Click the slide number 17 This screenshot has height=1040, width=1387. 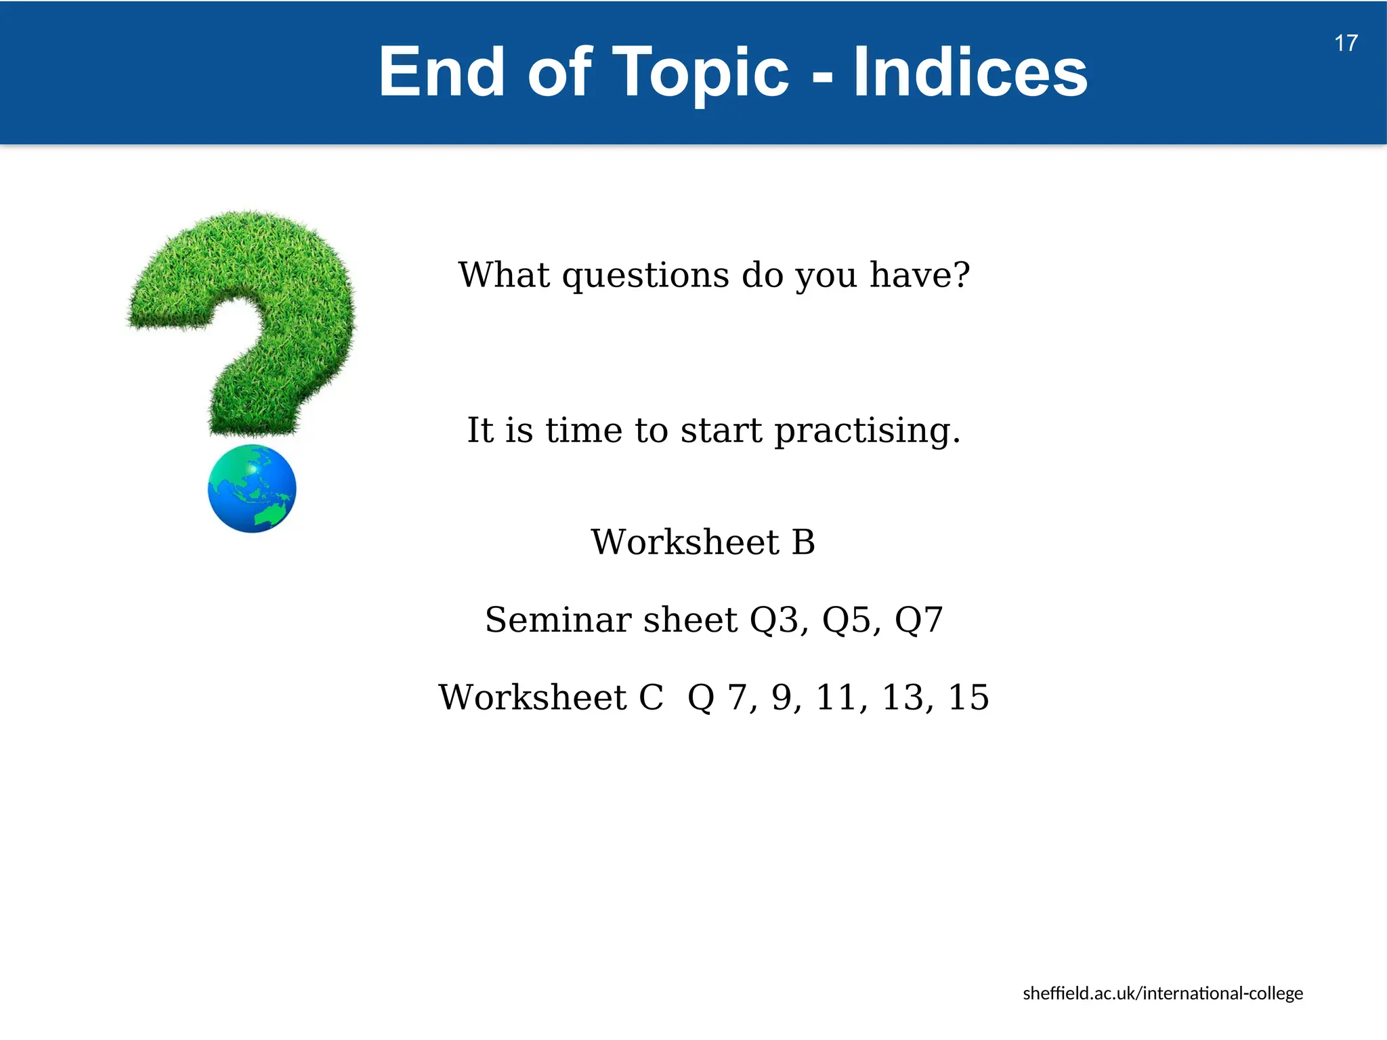[1346, 43]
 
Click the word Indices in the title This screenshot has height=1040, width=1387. [970, 72]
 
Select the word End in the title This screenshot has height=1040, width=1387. [441, 72]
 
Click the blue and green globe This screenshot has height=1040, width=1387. [252, 489]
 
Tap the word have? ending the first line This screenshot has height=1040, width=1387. [919, 275]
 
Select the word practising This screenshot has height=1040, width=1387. [867, 431]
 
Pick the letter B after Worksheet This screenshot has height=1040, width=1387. [803, 542]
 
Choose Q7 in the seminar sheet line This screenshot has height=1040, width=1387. [918, 620]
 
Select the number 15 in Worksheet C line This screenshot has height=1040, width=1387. [968, 697]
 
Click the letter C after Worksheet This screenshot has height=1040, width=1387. [651, 697]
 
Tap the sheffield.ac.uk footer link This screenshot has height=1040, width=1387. [1162, 993]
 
